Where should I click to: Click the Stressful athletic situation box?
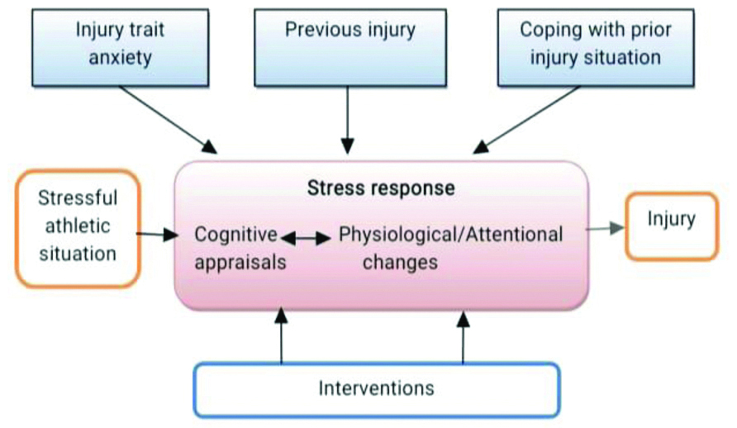click(78, 226)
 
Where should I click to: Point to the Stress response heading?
click(381, 188)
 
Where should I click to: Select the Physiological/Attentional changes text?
click(451, 248)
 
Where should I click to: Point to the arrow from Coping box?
click(529, 117)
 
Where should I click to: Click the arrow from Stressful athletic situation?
click(158, 235)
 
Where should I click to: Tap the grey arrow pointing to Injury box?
click(605, 228)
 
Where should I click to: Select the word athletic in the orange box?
click(78, 226)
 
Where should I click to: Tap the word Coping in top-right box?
click(546, 30)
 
